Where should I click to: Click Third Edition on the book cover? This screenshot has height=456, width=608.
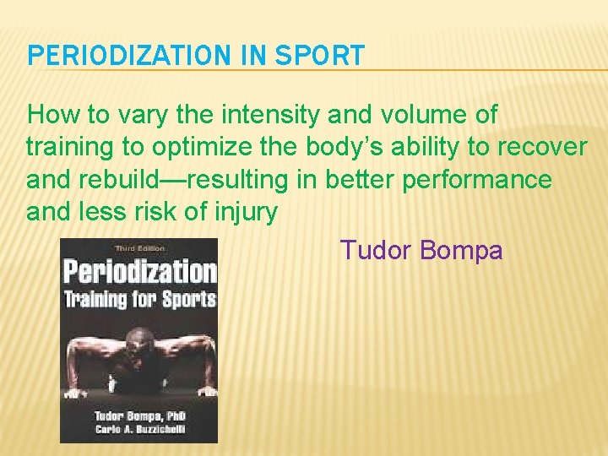coord(139,248)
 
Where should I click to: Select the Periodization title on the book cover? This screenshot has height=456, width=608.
coord(139,273)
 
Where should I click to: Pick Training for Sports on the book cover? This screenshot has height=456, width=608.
coord(139,298)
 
